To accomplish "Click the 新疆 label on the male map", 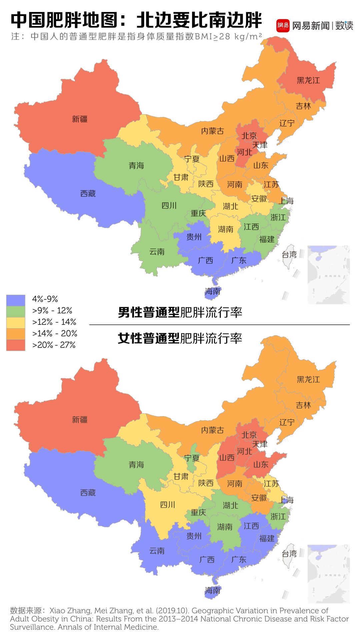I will coord(80,119).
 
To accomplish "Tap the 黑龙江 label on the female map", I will coord(308,379).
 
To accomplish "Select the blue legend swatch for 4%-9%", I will coord(16,300).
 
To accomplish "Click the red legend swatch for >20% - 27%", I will coord(16,345).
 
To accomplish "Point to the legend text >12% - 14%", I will coord(54,322).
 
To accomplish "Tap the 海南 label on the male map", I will coord(213,292).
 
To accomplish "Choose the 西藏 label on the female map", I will coord(88,492).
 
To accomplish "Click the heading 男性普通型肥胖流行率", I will coord(180,313).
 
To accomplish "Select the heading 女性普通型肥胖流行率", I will coord(180,338).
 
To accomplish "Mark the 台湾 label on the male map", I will coord(289,255).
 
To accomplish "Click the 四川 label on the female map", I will coord(168,505).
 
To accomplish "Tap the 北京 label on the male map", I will coord(249,136).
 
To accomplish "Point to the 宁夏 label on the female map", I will coord(192,458).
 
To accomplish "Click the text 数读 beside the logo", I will coord(344,26).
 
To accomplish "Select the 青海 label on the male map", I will coord(136,166).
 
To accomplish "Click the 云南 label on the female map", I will coord(157,551).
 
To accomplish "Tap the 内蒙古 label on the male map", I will coord(212,131).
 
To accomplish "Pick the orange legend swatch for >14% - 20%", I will coord(16,333).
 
